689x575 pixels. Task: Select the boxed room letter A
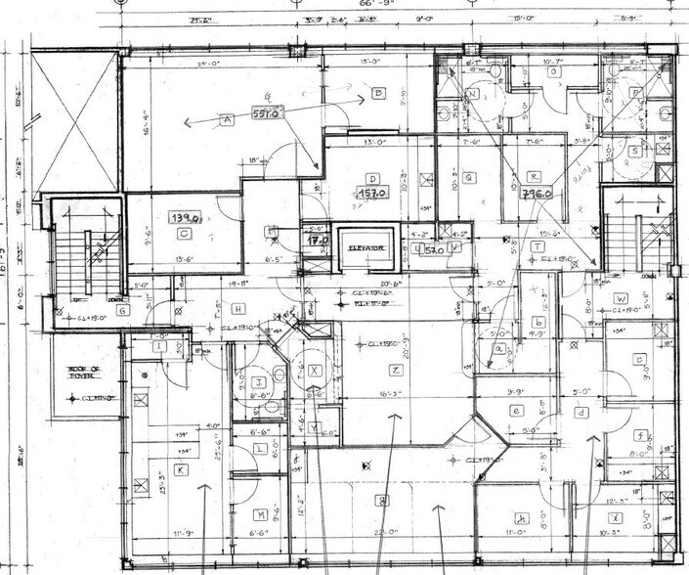(x=227, y=119)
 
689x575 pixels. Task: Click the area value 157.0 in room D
(x=371, y=194)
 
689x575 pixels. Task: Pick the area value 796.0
(x=537, y=194)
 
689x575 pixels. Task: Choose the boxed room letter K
(x=181, y=469)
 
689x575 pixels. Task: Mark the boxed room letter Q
(x=469, y=177)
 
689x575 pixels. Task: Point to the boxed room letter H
(x=237, y=309)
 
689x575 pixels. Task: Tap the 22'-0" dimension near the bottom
(x=384, y=533)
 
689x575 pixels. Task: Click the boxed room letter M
(x=261, y=514)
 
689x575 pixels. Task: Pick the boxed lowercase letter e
(x=516, y=411)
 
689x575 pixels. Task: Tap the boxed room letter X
(x=315, y=372)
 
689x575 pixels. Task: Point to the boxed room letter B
(x=376, y=94)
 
